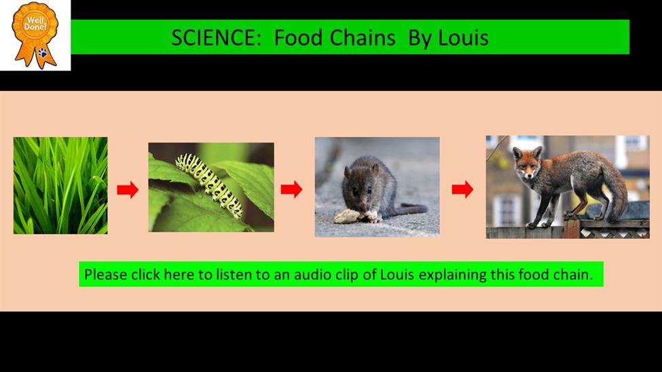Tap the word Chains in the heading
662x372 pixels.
363,37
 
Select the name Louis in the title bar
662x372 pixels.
463,37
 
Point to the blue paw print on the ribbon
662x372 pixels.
43,53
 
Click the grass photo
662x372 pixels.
60,185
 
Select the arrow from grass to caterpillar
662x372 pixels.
128,189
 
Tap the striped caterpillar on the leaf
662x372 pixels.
209,184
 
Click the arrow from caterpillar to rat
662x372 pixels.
291,189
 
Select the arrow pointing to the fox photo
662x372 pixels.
462,189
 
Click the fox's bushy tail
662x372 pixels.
616,190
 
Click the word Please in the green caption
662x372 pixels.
105,275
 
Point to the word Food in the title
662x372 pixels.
299,37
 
